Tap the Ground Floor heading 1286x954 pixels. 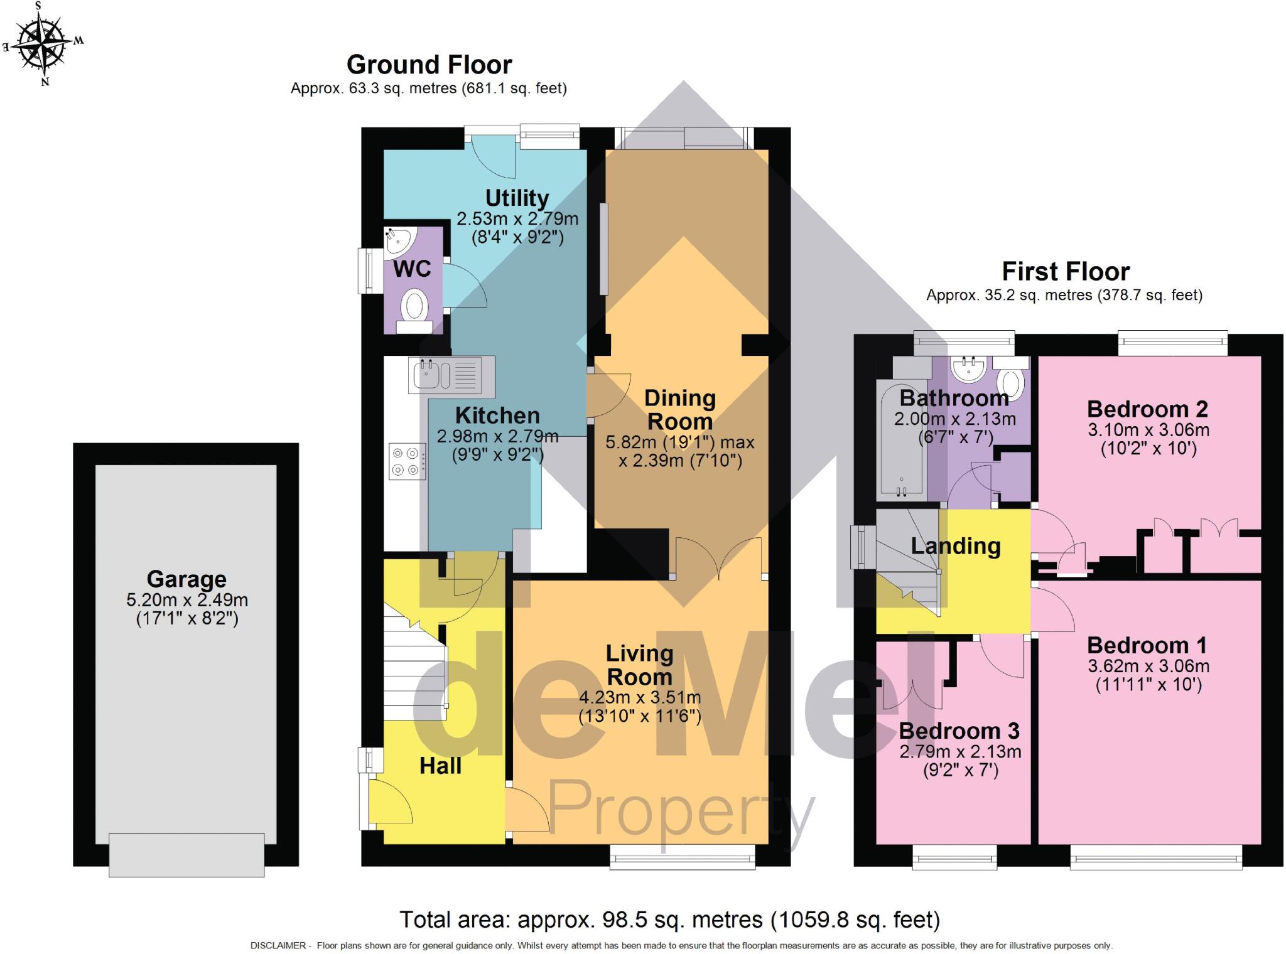[429, 65]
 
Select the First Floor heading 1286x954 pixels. [1066, 272]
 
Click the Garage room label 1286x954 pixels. [186, 579]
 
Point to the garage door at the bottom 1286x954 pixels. [186, 854]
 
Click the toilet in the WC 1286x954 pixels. [414, 309]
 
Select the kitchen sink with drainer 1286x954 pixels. [451, 375]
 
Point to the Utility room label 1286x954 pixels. [517, 198]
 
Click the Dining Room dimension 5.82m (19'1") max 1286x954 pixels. [679, 442]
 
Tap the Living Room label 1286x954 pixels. [639, 665]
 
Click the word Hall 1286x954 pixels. [440, 766]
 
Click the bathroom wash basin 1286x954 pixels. [967, 370]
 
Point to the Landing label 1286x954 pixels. [955, 546]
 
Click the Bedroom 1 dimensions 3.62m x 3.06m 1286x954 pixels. [1148, 666]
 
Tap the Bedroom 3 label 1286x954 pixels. [959, 731]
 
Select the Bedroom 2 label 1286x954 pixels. [1147, 409]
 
